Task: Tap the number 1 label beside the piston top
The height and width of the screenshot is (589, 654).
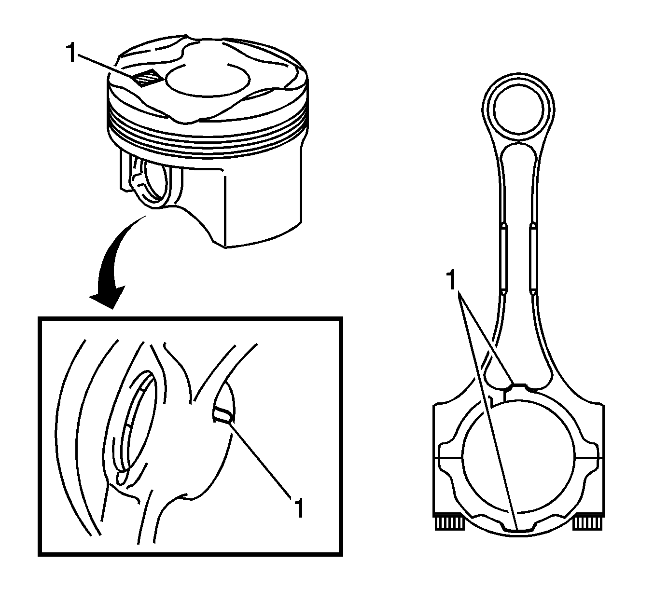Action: (x=71, y=53)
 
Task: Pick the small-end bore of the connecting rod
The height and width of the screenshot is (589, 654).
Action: (x=518, y=109)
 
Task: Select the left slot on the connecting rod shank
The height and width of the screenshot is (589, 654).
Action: (x=504, y=258)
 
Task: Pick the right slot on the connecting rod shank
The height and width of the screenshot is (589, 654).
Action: (x=533, y=258)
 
